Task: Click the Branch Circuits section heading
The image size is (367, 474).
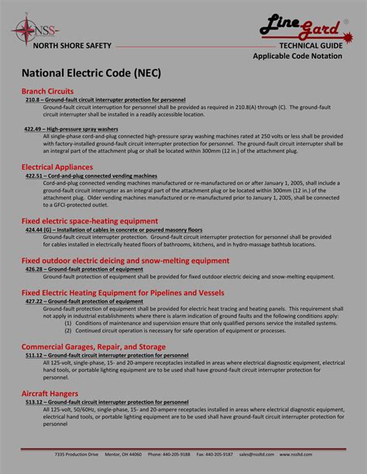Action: coord(47,91)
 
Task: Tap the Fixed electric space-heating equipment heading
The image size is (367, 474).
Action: coord(89,221)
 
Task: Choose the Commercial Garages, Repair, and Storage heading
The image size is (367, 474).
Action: coord(93,346)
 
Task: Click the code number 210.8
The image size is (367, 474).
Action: coord(32,101)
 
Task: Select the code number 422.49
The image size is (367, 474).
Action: coord(33,128)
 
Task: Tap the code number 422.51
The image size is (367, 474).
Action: coord(33,176)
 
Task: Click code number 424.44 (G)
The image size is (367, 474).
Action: coord(38,230)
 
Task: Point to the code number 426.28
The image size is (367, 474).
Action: coord(33,269)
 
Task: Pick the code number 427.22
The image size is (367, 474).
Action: coord(33,302)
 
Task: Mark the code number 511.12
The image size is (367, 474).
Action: coord(33,356)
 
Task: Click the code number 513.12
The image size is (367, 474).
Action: coord(33,403)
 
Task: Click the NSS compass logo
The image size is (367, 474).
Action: coord(24,32)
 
